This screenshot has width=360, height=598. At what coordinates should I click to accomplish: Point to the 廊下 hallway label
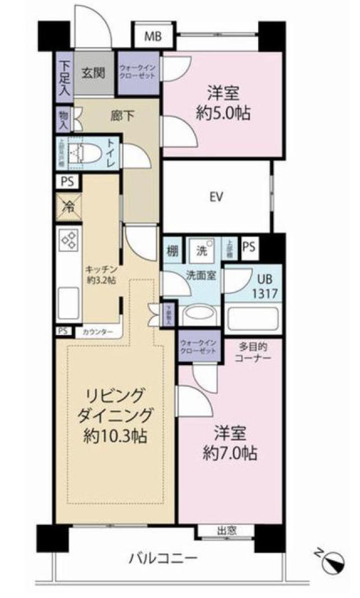point(119,117)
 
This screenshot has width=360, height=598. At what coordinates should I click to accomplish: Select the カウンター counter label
point(97,331)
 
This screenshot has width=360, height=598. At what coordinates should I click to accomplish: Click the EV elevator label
point(214,197)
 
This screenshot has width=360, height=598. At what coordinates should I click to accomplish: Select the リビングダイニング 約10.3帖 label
point(115,415)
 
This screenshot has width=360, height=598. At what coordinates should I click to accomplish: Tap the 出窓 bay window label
point(227,530)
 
